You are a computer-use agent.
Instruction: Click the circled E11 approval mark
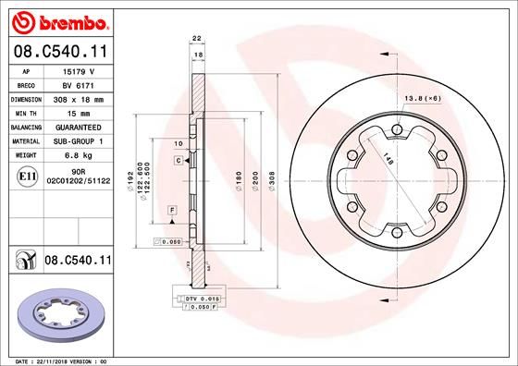point(27,176)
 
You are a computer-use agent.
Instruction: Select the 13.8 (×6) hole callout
point(420,96)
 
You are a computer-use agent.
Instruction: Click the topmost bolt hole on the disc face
point(395,128)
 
